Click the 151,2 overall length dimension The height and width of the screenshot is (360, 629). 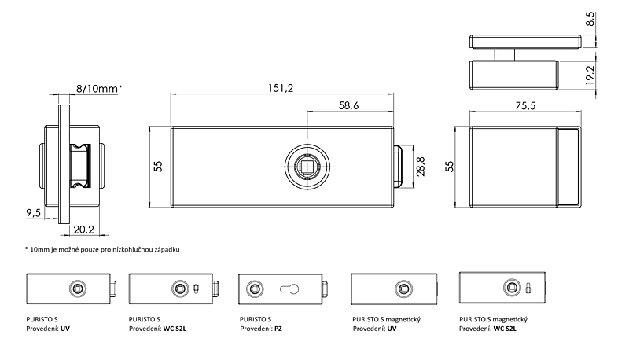pyautogui.click(x=281, y=88)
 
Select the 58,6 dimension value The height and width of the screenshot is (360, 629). pyautogui.click(x=348, y=105)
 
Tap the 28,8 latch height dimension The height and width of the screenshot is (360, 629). pyautogui.click(x=421, y=167)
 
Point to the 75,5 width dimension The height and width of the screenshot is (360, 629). pyautogui.click(x=525, y=106)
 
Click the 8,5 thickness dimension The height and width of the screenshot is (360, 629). pyautogui.click(x=590, y=19)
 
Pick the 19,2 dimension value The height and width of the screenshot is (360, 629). pyautogui.click(x=590, y=75)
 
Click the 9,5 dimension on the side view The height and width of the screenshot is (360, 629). pyautogui.click(x=34, y=213)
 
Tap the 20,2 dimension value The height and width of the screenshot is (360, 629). pyautogui.click(x=83, y=230)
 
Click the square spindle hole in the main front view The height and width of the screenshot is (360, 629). pyautogui.click(x=307, y=167)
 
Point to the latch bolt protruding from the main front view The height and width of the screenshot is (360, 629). pyautogui.click(x=398, y=167)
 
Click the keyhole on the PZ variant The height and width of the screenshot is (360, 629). pyautogui.click(x=289, y=289)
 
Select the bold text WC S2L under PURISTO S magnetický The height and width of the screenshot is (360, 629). pyautogui.click(x=505, y=329)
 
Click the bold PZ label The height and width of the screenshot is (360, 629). pyautogui.click(x=278, y=329)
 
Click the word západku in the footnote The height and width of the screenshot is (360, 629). pyautogui.click(x=167, y=249)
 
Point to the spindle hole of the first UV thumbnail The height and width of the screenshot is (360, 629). pyautogui.click(x=77, y=288)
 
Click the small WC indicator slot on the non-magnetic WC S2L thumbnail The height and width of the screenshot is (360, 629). pyautogui.click(x=196, y=288)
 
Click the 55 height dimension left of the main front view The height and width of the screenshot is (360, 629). pyautogui.click(x=159, y=167)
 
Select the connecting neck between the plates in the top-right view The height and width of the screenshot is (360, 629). pyautogui.click(x=504, y=54)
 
